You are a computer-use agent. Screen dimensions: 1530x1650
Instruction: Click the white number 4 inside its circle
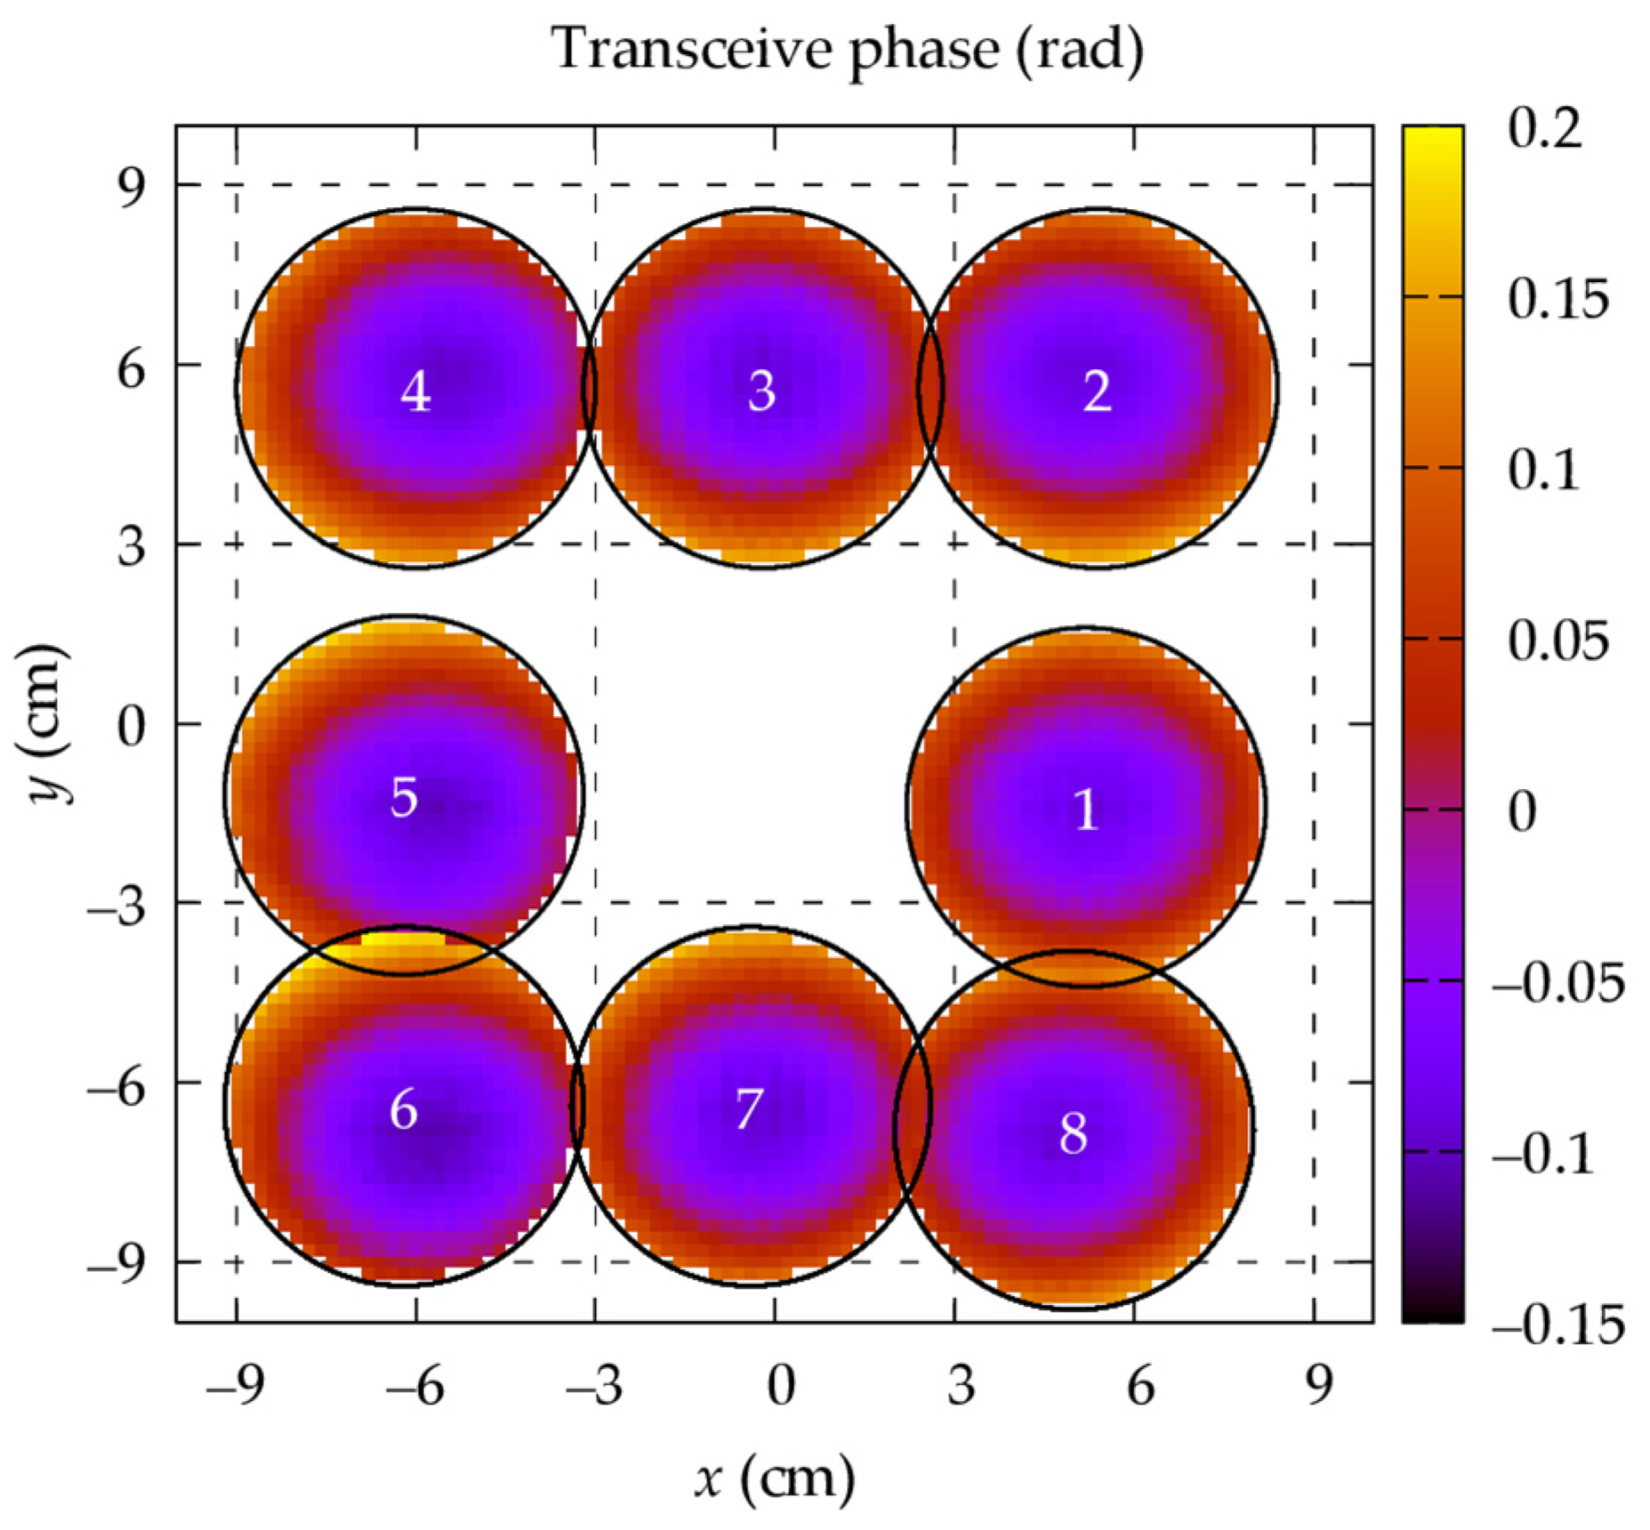[415, 391]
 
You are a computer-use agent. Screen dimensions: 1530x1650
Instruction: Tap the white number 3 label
[761, 391]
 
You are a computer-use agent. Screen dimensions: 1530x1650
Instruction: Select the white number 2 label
[1097, 391]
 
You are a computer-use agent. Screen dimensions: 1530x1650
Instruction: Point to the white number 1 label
[1085, 809]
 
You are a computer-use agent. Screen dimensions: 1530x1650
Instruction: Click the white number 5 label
[404, 796]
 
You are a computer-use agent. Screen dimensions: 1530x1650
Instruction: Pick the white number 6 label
[404, 1109]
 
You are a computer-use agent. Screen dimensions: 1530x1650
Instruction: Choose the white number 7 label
[749, 1109]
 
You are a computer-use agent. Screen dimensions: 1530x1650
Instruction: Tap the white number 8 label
[1074, 1133]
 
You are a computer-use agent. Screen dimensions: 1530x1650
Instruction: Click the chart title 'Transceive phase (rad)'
[848, 49]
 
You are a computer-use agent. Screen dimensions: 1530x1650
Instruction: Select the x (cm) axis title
[774, 1478]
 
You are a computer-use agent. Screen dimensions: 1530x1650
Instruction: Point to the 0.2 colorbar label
[1545, 129]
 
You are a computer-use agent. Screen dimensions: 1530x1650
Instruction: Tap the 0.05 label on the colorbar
[1557, 640]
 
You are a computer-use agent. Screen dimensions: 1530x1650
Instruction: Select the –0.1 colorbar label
[1543, 1155]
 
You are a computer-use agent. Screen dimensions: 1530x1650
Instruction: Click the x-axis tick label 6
[1140, 1386]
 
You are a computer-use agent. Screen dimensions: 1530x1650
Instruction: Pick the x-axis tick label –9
[235, 1386]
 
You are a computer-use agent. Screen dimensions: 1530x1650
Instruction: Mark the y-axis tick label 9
[131, 188]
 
